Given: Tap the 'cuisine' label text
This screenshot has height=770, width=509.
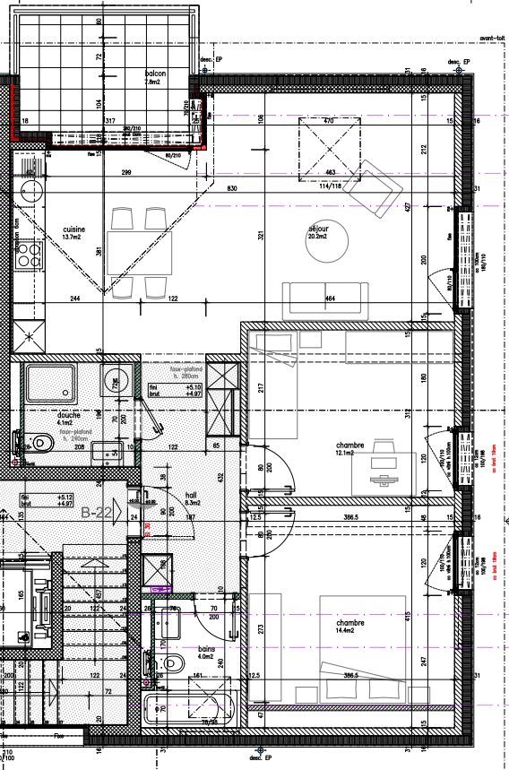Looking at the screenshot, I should tap(73, 229).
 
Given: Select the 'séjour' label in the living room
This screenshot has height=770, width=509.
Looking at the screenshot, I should tap(318, 229).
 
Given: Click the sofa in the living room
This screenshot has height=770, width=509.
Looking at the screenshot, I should tap(325, 299).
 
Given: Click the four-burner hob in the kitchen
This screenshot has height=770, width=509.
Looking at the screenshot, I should tap(30, 255).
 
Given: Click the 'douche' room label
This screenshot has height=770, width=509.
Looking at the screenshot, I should tap(68, 416).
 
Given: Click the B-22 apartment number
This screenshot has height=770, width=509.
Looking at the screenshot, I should tap(95, 513).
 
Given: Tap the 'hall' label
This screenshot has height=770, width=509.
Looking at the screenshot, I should tap(190, 494).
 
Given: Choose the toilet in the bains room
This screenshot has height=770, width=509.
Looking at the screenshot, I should tap(172, 663).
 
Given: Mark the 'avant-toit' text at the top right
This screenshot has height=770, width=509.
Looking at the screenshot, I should tap(493, 39).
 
